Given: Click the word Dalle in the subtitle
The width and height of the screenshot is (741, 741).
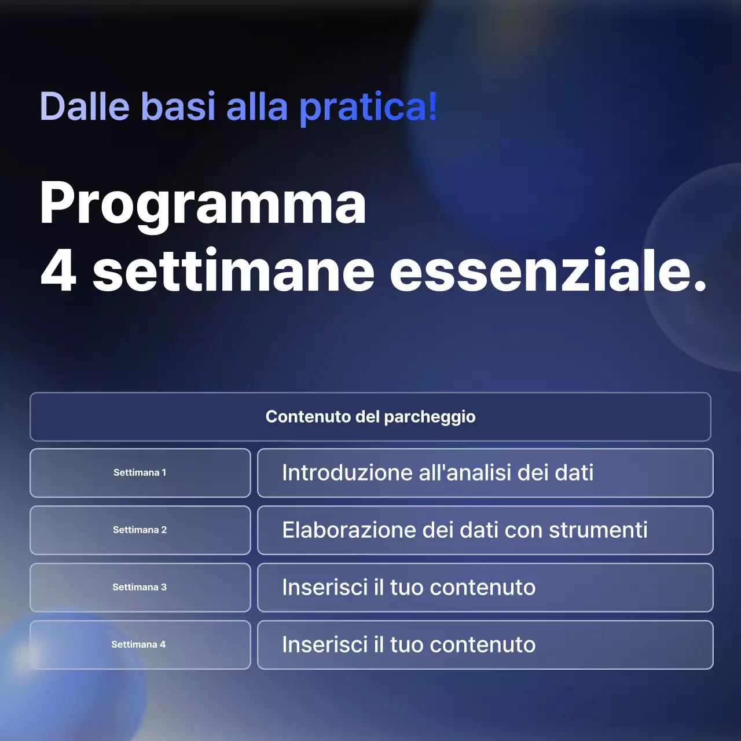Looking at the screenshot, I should coord(85,107).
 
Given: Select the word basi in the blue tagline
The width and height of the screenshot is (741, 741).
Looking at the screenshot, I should coord(178,107).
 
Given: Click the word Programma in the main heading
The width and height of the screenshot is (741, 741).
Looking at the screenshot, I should coord(203,204).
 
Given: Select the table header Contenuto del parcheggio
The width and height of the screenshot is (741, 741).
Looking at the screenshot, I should coord(370,417).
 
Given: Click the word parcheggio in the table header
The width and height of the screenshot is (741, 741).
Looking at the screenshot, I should coord(430,417).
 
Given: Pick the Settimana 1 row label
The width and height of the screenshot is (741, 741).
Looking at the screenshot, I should coord(140,473).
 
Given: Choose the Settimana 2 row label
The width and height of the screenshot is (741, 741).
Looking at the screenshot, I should coord(140,530).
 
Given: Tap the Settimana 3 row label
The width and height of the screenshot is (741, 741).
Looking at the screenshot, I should coord(140,588).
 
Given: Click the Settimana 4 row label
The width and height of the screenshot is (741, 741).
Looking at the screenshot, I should coord(138,645).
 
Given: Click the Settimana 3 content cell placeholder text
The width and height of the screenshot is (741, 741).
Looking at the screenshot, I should coord(409,588).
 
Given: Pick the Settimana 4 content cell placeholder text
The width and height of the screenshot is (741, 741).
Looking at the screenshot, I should coord(409,645).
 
